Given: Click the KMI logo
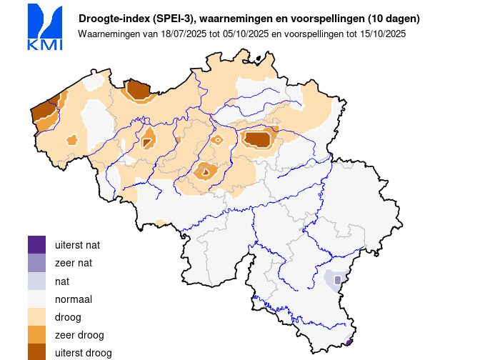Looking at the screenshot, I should (44, 27).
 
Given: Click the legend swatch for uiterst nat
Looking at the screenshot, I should (36, 244).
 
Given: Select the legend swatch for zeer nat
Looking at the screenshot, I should (36, 263).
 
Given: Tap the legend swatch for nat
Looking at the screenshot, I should (36, 281).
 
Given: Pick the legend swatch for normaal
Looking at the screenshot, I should (36, 299).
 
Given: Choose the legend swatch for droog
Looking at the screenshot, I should (36, 316).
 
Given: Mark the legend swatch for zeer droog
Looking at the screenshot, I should (36, 334).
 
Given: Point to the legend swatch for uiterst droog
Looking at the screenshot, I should (36, 351).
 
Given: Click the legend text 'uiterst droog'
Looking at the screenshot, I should (83, 353).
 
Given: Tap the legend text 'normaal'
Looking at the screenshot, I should (74, 299).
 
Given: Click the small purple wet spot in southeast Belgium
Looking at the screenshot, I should (337, 280).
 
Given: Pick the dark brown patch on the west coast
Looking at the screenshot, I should (44, 111).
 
